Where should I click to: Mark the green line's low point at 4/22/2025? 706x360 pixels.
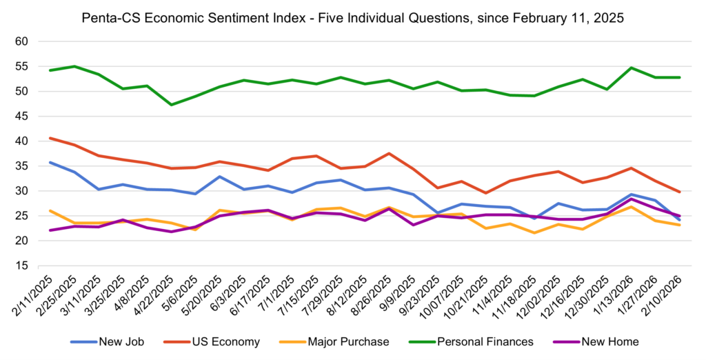pyautogui.click(x=171, y=105)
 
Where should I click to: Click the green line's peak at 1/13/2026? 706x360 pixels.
pyautogui.click(x=631, y=68)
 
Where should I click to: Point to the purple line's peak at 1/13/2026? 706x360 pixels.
pyautogui.click(x=631, y=199)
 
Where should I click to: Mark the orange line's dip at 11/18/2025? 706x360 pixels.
pyautogui.click(x=535, y=232)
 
